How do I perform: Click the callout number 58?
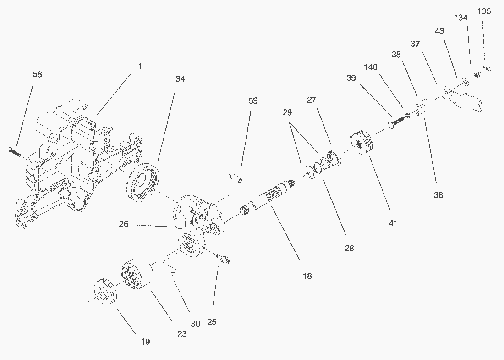[37, 74]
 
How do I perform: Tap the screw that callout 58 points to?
[15, 152]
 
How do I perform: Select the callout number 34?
[180, 79]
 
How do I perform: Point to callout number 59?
[253, 101]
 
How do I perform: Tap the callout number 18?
[307, 276]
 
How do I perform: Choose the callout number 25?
[212, 322]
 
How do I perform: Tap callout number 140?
[371, 67]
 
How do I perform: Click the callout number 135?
[484, 11]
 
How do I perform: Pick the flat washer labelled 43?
[465, 81]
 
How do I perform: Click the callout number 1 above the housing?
[140, 66]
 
